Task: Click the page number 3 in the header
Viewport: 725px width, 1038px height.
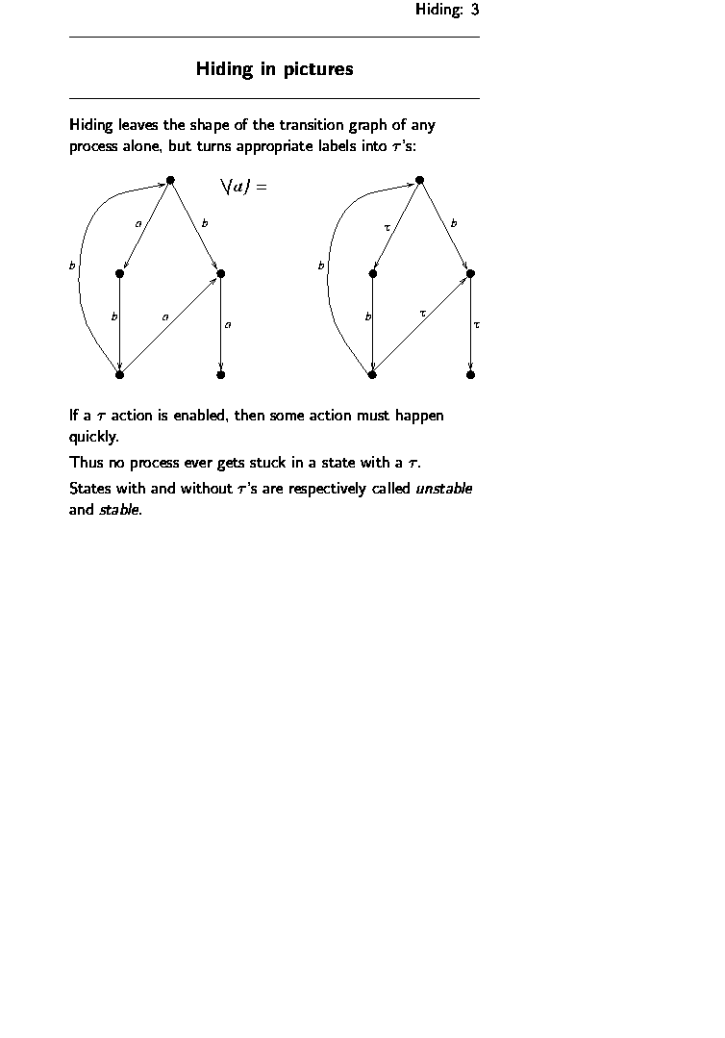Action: point(474,10)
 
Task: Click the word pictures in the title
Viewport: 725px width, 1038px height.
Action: point(318,69)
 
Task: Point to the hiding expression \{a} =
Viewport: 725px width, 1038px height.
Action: point(243,187)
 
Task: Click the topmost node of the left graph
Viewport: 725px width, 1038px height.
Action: point(170,180)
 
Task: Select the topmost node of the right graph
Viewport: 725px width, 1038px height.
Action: point(419,180)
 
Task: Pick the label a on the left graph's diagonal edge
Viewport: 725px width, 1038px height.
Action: point(165,316)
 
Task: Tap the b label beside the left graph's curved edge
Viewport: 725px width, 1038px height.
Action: point(71,266)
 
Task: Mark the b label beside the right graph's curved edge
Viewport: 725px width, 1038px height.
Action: point(320,266)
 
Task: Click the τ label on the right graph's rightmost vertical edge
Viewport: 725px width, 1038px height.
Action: point(477,325)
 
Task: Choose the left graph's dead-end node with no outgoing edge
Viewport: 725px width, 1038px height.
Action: point(221,375)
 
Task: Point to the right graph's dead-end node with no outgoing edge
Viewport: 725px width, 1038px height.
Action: point(470,375)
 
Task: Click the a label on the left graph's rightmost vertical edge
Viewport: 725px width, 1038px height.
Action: point(227,325)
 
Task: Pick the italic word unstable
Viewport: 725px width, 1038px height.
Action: point(443,488)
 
